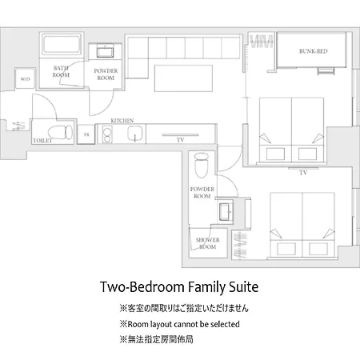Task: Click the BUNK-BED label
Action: click(x=313, y=51)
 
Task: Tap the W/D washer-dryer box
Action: click(x=25, y=78)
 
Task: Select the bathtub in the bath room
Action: click(x=62, y=44)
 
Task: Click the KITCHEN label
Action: click(x=122, y=121)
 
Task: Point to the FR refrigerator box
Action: click(x=86, y=134)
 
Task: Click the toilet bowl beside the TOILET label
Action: click(x=60, y=132)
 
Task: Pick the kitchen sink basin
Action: click(x=135, y=134)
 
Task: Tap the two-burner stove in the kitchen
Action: click(x=107, y=134)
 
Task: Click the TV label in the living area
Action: click(x=181, y=140)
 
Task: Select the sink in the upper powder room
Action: click(x=105, y=52)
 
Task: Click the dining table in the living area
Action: click(x=183, y=78)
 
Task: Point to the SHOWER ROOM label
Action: click(x=207, y=243)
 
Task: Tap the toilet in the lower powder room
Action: click(x=202, y=165)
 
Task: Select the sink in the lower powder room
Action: click(x=226, y=212)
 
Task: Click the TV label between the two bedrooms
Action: click(x=303, y=173)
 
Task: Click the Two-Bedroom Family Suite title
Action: click(x=179, y=287)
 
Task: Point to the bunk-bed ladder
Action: click(x=326, y=71)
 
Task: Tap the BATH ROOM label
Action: click(x=61, y=71)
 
